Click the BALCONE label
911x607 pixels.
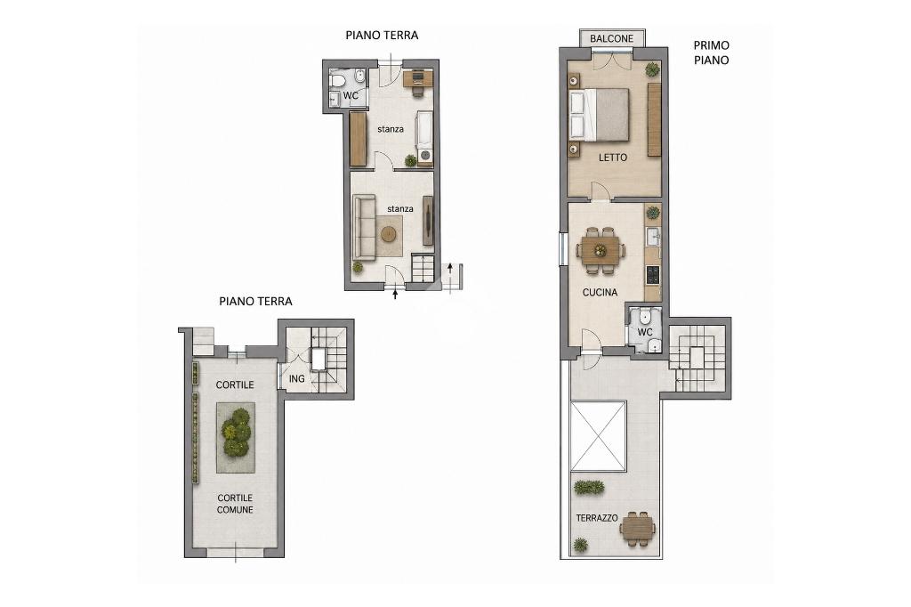611,39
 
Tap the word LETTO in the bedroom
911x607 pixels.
613,158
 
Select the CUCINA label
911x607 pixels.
600,293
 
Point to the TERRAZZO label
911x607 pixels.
597,517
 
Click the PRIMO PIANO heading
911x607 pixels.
711,53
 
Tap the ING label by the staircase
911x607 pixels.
297,378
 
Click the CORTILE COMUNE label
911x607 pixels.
235,504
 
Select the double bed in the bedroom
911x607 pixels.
600,115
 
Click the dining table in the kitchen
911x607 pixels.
601,250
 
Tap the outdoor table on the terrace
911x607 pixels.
637,529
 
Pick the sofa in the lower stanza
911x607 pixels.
364,227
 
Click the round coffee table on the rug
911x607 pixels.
389,234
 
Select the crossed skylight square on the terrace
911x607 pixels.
599,436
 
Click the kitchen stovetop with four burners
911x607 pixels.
652,275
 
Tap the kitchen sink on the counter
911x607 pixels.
653,237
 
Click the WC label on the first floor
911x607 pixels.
645,332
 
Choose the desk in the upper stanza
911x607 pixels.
418,78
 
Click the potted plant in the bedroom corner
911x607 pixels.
652,69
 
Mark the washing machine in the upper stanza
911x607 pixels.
426,156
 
